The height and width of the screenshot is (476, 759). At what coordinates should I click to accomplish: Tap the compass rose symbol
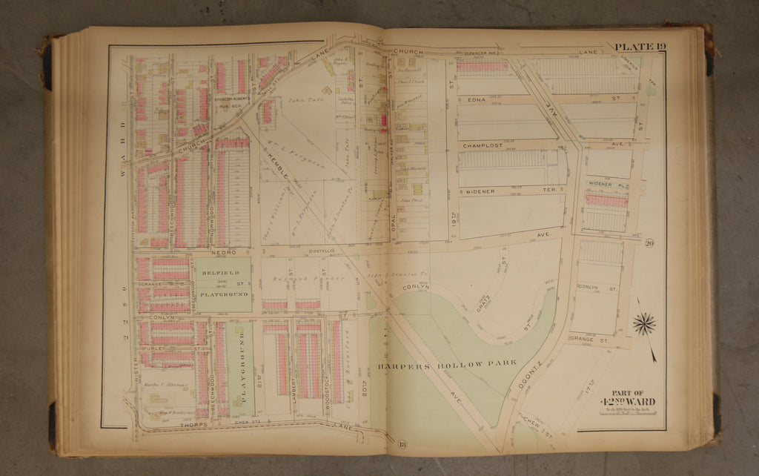click(643, 324)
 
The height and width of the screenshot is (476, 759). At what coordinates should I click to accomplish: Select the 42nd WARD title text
click(632, 403)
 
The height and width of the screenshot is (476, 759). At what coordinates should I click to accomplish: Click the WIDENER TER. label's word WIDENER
click(480, 191)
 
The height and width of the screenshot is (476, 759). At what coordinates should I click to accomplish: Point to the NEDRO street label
click(222, 252)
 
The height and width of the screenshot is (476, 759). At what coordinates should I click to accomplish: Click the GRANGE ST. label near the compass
click(587, 340)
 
